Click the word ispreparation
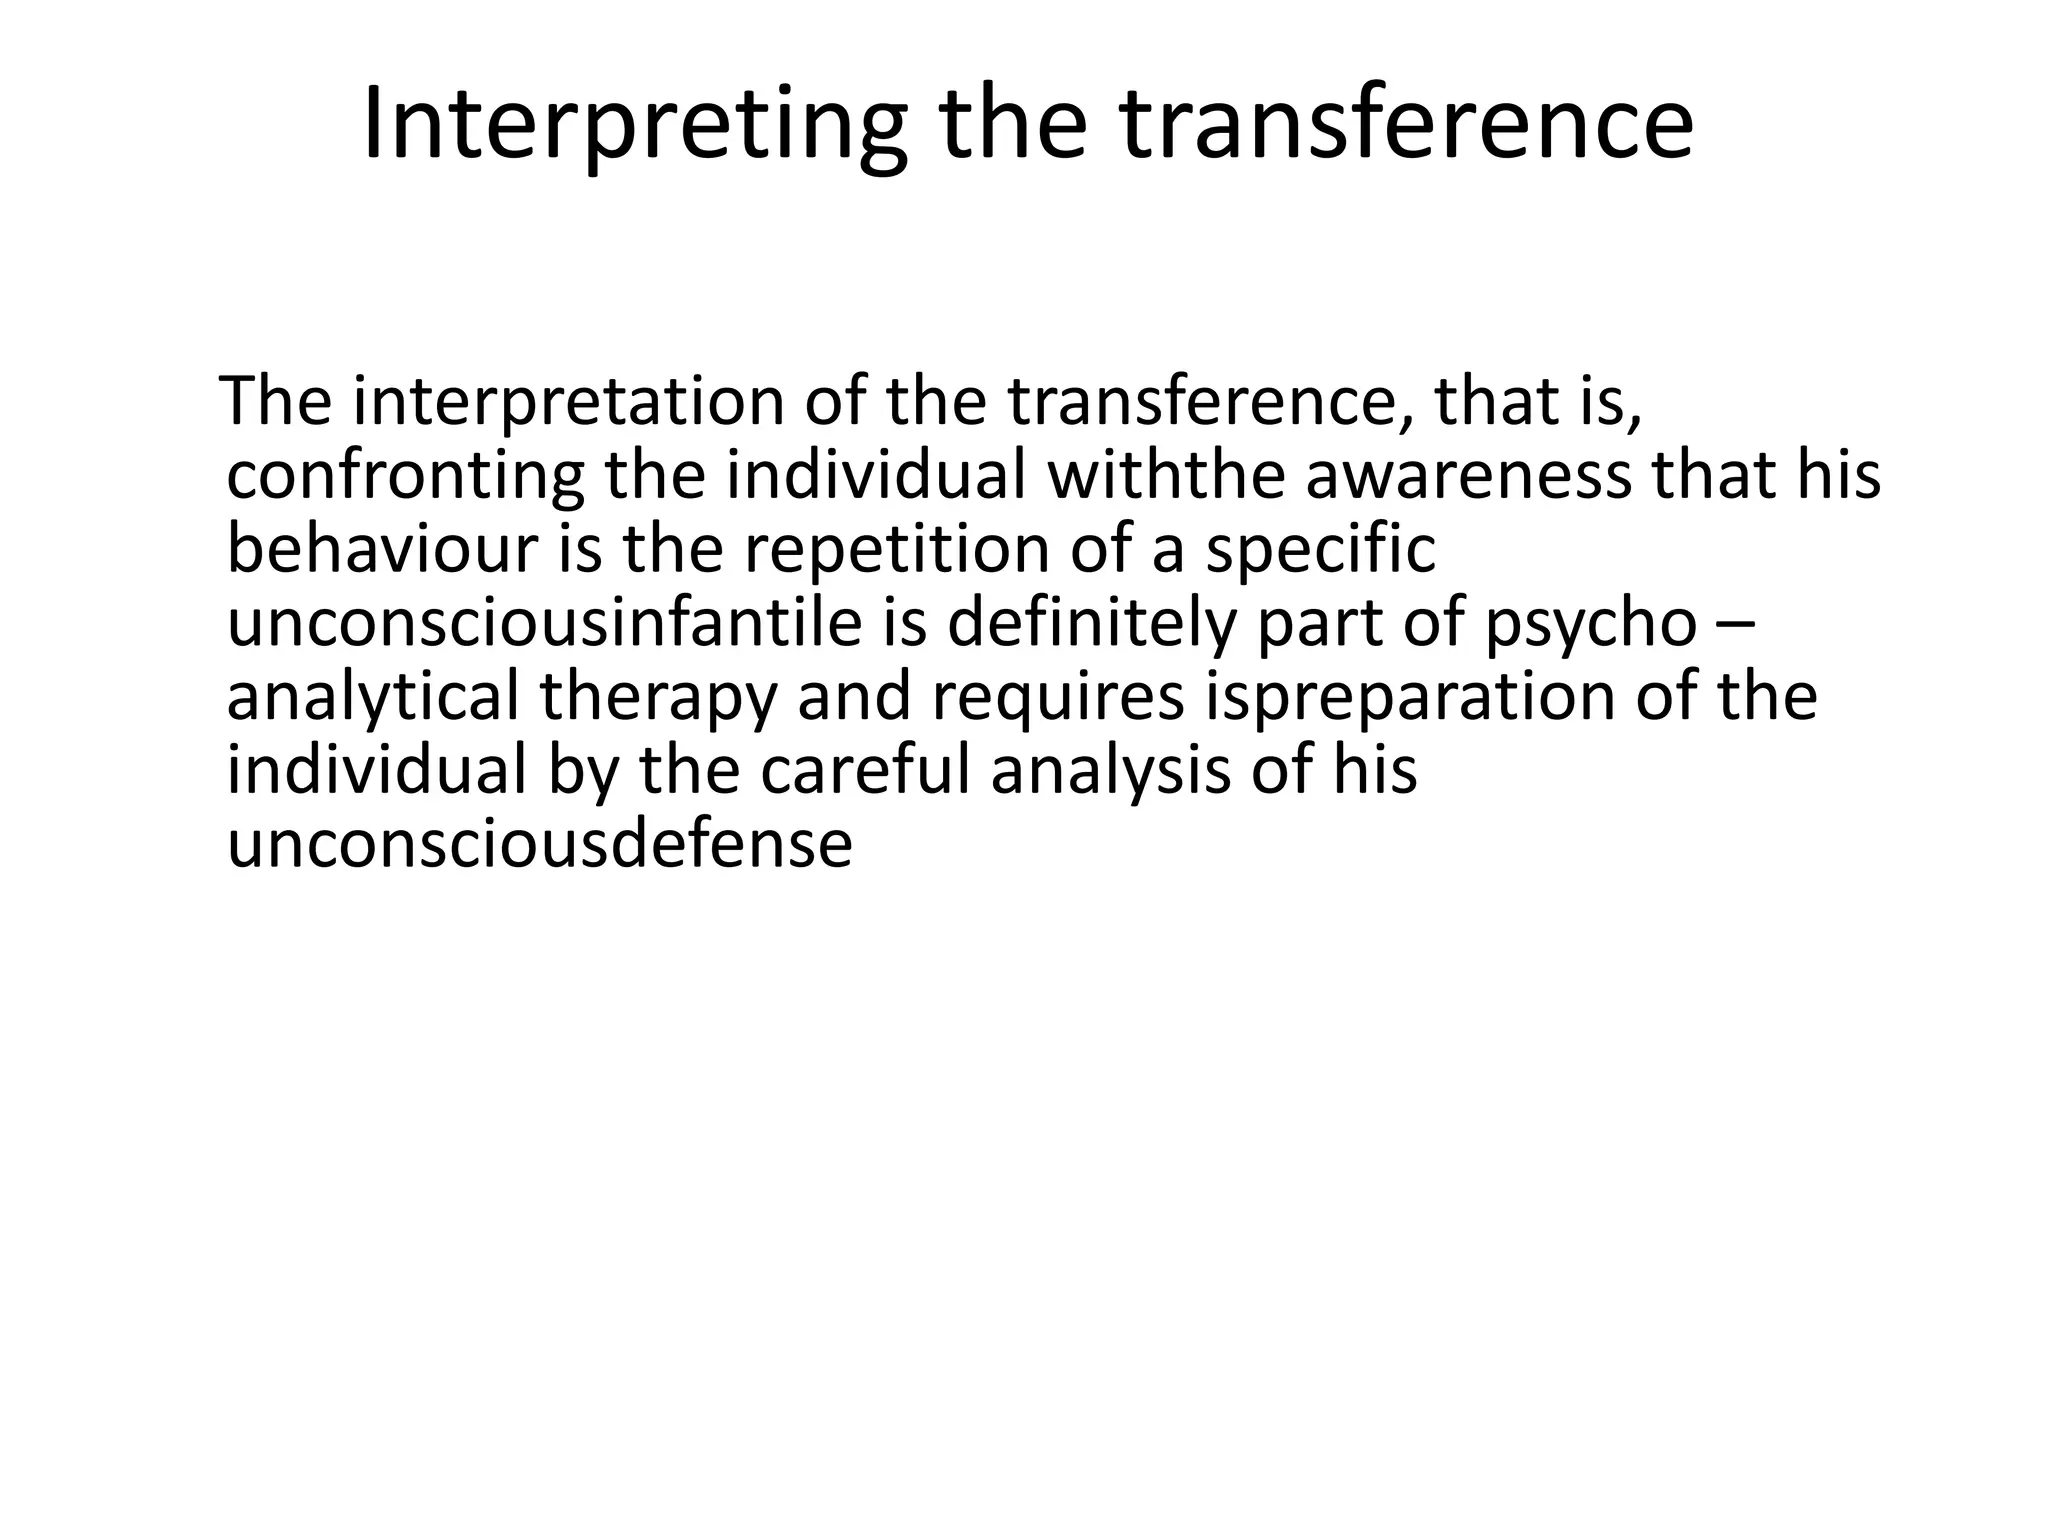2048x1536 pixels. tap(1409, 697)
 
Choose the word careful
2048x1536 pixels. tap(865, 771)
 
